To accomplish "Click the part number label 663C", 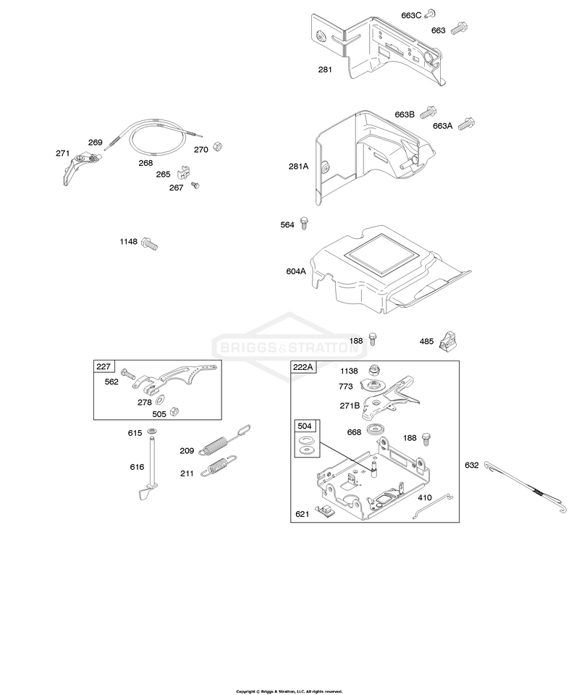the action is coord(410,15).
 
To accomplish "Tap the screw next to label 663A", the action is coord(467,124).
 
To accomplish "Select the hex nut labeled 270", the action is coord(217,146).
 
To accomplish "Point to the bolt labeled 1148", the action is coord(150,244).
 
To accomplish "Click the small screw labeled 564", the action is coord(305,222).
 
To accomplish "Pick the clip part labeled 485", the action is coord(448,340).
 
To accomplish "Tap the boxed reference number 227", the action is coord(103,366).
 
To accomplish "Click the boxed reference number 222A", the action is coord(303,367).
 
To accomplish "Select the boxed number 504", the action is coord(305,426).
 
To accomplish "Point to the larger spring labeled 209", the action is coord(224,440).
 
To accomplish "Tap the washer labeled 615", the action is coord(152,431).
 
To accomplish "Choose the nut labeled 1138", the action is coord(374,371).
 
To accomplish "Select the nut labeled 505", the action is coord(174,411).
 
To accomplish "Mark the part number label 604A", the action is coord(296,271).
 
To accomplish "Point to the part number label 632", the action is coord(471,465).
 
